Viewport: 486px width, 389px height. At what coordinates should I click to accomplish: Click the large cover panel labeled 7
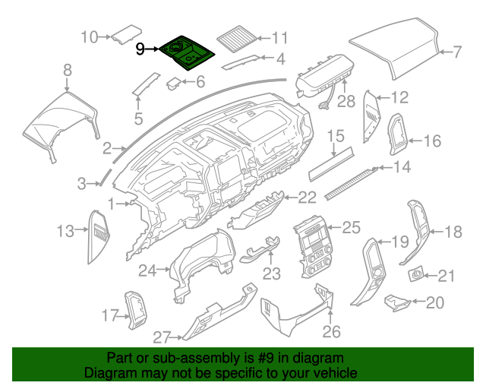(x=394, y=50)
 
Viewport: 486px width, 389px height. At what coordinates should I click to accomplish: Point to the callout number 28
(x=346, y=101)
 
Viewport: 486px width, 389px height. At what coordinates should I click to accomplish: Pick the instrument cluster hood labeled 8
(x=61, y=122)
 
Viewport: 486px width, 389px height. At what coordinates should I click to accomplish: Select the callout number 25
(x=350, y=226)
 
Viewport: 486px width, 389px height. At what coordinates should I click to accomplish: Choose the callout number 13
(x=66, y=230)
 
